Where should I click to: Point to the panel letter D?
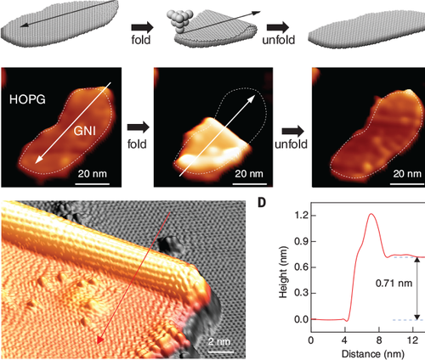point(263,205)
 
